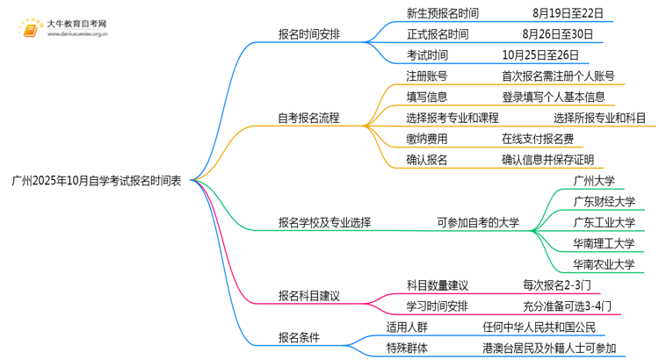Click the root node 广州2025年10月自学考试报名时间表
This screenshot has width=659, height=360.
[97, 181]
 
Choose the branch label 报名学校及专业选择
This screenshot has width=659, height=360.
[324, 223]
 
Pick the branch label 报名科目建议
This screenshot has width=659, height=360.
[308, 296]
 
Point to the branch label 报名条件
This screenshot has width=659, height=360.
[299, 338]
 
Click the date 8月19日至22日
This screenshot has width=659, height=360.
[568, 13]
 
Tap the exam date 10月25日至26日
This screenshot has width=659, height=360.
[537, 55]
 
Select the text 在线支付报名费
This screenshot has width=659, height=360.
[538, 139]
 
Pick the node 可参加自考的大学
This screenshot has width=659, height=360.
[478, 223]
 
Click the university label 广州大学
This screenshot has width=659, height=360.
[593, 181]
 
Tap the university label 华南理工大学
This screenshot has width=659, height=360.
[603, 243]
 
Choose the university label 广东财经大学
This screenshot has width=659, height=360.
[603, 202]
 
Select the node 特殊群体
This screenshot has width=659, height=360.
[407, 349]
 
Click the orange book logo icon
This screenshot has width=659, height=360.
[29, 29]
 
